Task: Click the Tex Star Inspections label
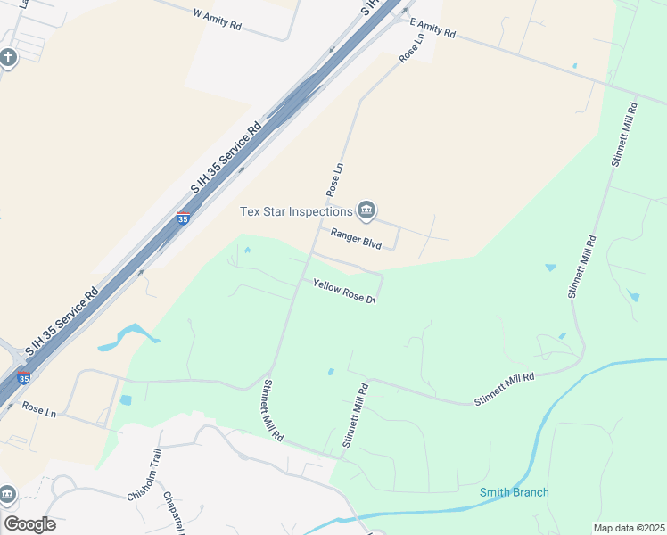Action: click(296, 211)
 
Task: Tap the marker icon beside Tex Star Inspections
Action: click(366, 210)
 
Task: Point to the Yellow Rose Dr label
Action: click(343, 292)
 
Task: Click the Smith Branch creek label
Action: click(514, 492)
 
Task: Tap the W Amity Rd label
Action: click(217, 20)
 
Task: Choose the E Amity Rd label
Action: click(432, 28)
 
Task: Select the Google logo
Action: click(29, 524)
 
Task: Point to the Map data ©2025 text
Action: click(628, 528)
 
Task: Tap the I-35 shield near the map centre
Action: click(183, 218)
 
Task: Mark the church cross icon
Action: click(8, 58)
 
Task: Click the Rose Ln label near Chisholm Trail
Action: click(38, 411)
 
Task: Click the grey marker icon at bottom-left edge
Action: click(6, 493)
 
